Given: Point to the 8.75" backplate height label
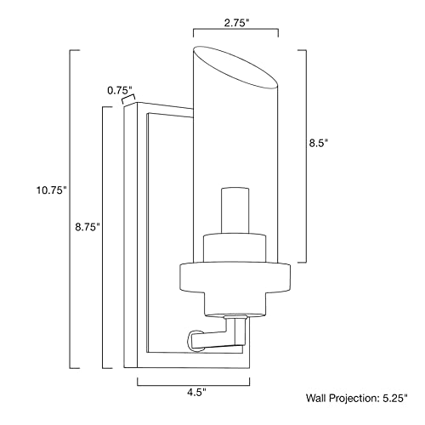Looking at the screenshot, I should click(87, 227).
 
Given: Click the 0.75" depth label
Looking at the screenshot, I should click(120, 88).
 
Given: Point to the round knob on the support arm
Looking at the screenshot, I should click(195, 338).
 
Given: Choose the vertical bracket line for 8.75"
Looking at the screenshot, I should click(105, 238).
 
